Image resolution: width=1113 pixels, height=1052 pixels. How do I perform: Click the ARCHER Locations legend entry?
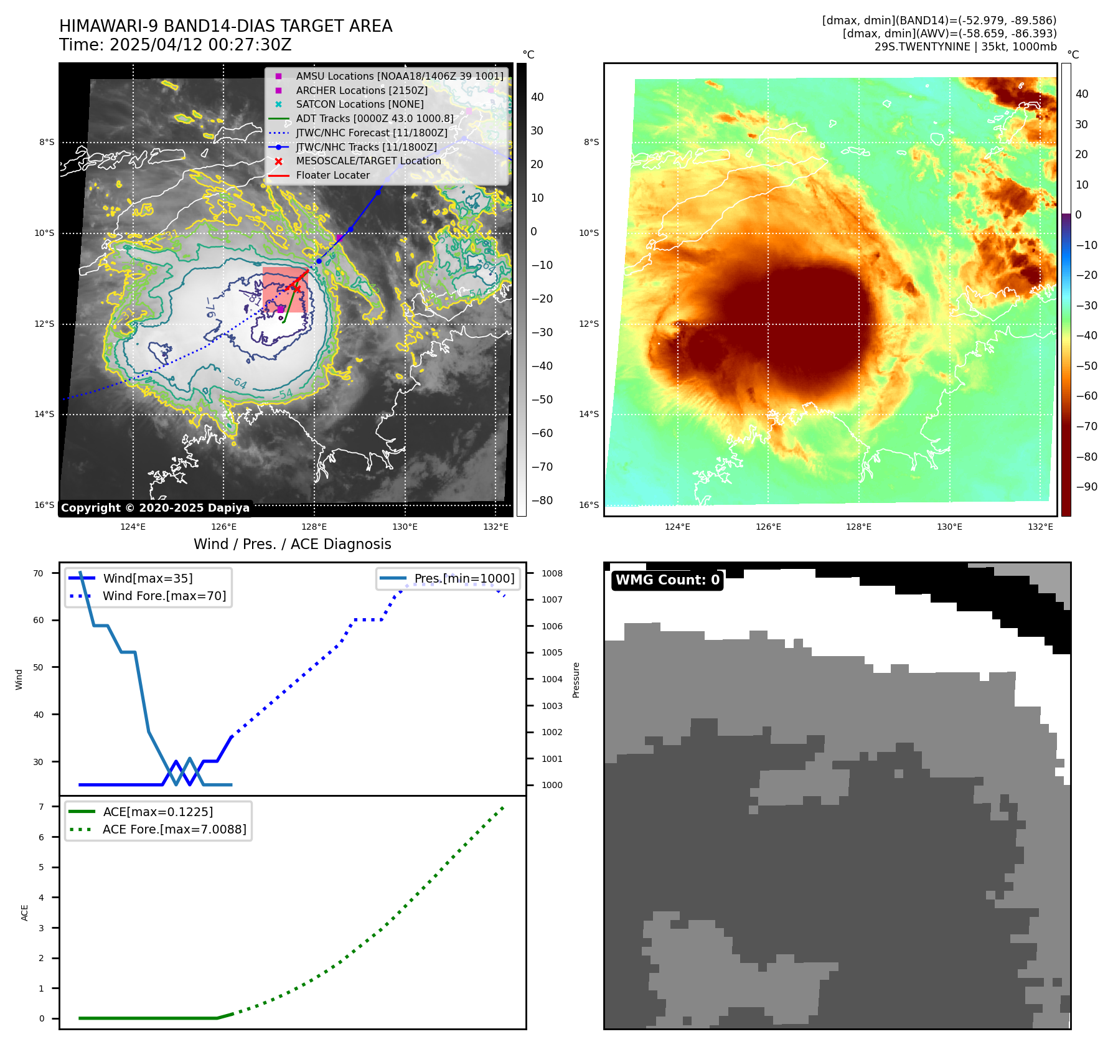[x=361, y=90]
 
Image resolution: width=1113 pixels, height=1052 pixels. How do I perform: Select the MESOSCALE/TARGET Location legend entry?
[x=368, y=161]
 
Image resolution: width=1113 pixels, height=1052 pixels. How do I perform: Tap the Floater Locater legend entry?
[x=332, y=175]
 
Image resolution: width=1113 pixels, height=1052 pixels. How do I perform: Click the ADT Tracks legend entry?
[x=374, y=118]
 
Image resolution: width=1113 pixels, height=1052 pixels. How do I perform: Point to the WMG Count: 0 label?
[x=667, y=580]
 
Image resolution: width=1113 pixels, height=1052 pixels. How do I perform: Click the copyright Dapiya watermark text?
[x=155, y=508]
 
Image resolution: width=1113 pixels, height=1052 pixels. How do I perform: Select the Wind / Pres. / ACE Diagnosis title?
[x=292, y=544]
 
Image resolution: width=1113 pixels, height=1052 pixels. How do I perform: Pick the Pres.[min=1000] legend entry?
[x=464, y=578]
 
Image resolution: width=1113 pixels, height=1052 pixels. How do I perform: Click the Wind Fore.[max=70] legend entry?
[x=164, y=596]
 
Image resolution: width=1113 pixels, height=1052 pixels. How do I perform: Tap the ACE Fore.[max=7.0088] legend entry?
[x=174, y=829]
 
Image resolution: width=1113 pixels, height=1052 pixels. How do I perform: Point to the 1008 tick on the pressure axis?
[x=552, y=573]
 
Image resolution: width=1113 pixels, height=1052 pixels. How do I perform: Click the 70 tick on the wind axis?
[x=39, y=573]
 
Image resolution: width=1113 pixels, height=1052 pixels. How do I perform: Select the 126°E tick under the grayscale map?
[x=223, y=527]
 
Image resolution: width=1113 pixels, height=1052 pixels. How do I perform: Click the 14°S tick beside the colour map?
[x=589, y=414]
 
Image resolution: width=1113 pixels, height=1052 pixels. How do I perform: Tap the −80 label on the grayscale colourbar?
[x=538, y=500]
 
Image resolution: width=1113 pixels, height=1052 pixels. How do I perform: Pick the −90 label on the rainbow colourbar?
[x=1087, y=487]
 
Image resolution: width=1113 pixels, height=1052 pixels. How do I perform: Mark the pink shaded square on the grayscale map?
[x=284, y=289]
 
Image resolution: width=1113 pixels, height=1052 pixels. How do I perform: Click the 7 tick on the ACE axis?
[x=41, y=807]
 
